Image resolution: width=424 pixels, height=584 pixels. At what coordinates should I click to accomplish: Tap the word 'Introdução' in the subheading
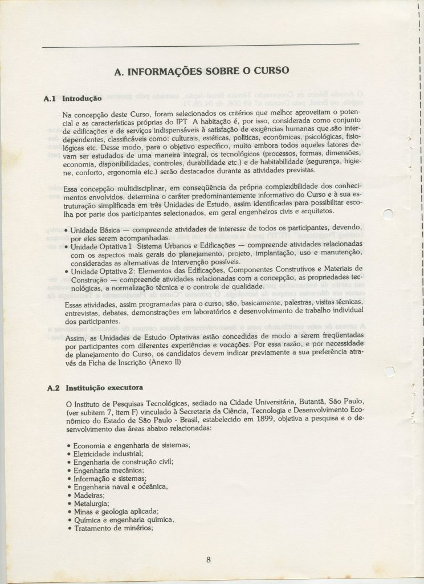coord(81,99)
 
